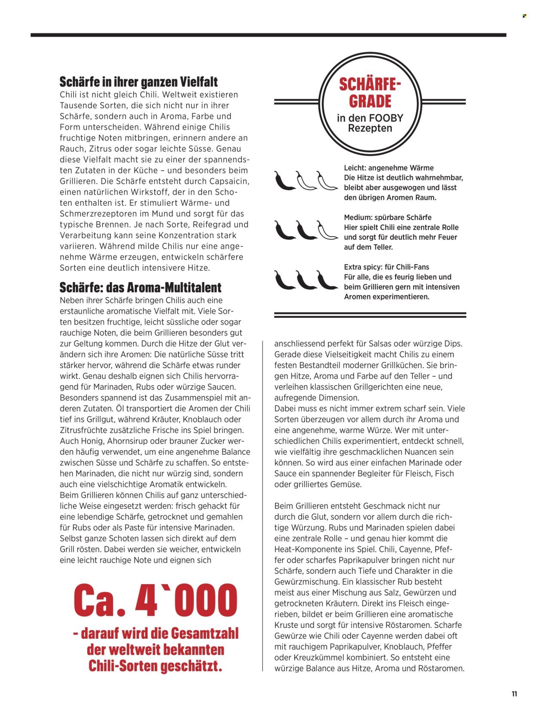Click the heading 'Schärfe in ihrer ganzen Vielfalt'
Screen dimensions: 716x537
tap(138, 82)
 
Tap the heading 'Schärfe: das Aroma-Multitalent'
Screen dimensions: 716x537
tap(140, 287)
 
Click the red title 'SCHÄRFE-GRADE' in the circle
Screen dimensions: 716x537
tap(370, 92)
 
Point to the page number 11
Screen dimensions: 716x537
tap(514, 694)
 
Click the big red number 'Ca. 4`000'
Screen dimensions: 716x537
tap(155, 600)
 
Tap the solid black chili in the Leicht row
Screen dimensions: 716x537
tap(284, 180)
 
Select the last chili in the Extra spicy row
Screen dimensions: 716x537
tap(327, 280)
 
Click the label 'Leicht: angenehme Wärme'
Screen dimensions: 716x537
tap(388, 168)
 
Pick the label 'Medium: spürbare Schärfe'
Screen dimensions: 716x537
tap(387, 217)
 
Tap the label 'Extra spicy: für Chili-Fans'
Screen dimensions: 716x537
tap(386, 267)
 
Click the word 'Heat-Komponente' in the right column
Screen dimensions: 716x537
tap(306, 549)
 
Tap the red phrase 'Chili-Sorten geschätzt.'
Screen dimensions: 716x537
tap(155, 665)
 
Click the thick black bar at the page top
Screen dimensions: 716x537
tap(268, 35)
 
